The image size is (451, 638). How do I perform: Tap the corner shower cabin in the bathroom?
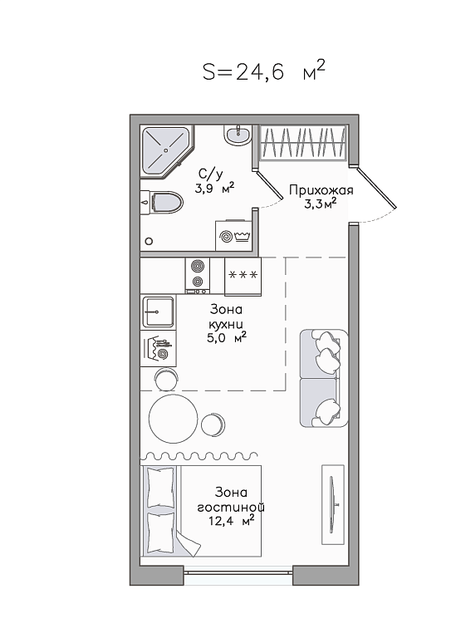[x=166, y=151]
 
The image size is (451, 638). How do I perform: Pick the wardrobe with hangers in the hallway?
[x=302, y=141]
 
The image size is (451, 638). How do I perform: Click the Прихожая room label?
[x=321, y=190]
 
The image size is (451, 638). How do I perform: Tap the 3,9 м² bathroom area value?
[x=214, y=189]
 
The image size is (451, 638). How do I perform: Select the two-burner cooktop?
[x=198, y=276]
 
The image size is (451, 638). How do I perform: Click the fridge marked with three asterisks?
[x=243, y=277]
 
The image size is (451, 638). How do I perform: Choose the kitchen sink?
[x=158, y=312]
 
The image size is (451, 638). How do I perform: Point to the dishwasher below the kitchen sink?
[x=158, y=348]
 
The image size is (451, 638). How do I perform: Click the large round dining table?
[x=174, y=419]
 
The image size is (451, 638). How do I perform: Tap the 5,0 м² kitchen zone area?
[x=227, y=338]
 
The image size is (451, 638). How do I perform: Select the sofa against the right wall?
[x=324, y=379]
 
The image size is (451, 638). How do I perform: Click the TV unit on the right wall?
[x=333, y=504]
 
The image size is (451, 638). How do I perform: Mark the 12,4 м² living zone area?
[x=231, y=520]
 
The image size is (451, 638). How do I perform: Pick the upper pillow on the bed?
[x=160, y=487]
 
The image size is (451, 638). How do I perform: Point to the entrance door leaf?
[x=376, y=187]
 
